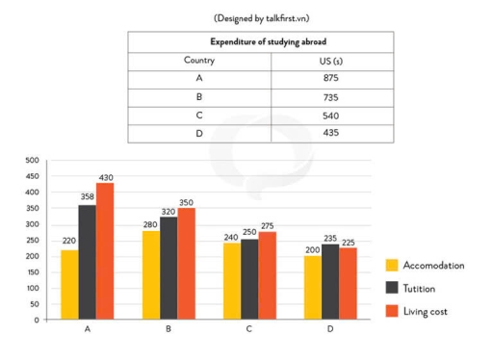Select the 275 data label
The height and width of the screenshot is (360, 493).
(269, 225)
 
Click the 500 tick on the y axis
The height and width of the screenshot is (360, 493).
(31, 161)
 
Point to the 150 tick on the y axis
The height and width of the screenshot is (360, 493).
(31, 272)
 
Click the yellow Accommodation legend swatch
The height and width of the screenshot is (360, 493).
(392, 265)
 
